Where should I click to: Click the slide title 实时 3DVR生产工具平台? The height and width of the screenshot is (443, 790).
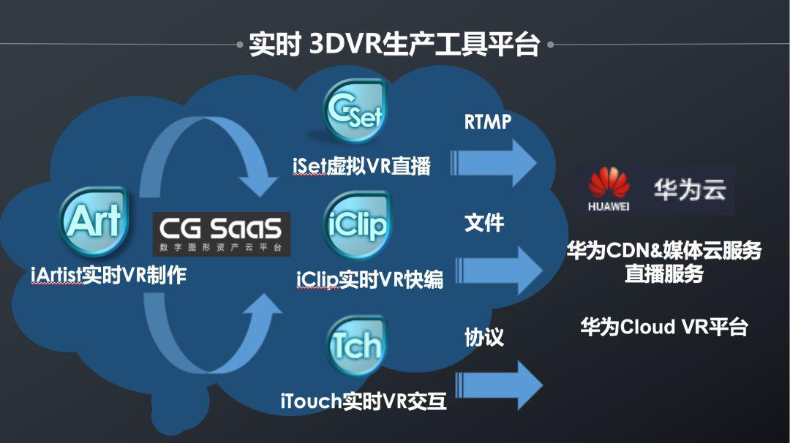(x=394, y=45)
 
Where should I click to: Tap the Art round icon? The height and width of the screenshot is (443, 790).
(x=94, y=221)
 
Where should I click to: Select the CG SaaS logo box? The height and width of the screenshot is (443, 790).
(x=222, y=234)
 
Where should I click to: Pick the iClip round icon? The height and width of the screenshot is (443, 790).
(x=357, y=225)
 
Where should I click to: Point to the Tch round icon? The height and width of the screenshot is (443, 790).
(x=357, y=345)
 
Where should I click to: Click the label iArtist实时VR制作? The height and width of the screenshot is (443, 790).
(x=109, y=276)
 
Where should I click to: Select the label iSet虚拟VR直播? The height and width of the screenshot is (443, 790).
(x=362, y=166)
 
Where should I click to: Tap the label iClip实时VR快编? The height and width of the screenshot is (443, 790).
(x=370, y=280)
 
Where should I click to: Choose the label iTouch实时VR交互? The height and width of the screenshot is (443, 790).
(x=364, y=401)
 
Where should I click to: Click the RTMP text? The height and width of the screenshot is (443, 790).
(x=488, y=122)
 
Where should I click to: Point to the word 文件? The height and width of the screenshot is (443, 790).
(x=484, y=222)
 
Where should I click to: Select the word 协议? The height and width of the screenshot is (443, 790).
(x=484, y=337)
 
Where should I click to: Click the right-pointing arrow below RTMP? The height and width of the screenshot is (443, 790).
(x=494, y=163)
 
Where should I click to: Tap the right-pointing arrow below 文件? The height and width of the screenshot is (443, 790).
(x=500, y=270)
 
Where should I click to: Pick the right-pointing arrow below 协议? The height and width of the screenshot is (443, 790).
(x=500, y=385)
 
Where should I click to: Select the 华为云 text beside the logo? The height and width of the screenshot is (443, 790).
(x=690, y=190)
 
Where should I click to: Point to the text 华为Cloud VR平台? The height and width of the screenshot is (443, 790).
(x=664, y=327)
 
